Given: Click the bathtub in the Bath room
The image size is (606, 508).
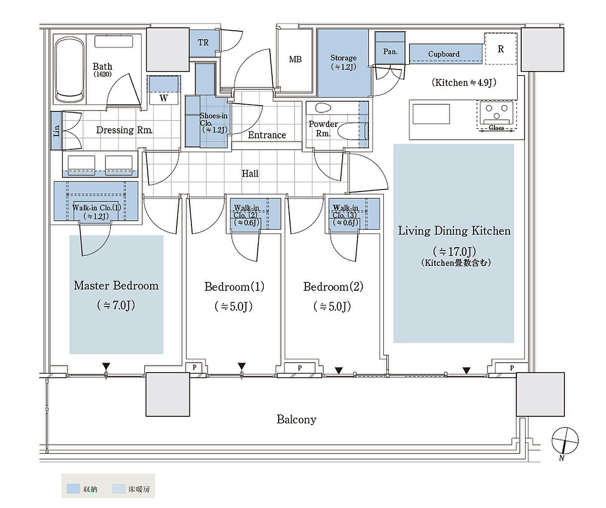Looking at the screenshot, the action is (70, 69).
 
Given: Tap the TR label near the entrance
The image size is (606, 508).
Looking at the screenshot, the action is (203, 43).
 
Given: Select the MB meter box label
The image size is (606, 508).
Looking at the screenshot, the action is (295, 60).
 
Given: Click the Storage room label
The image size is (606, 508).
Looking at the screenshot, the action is (343, 58).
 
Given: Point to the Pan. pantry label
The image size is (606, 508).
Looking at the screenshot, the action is (390, 52).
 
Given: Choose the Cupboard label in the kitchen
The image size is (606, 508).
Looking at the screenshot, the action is (444, 54).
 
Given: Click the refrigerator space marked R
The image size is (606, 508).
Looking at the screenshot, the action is (501, 49).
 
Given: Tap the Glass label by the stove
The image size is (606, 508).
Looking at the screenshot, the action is (496, 127).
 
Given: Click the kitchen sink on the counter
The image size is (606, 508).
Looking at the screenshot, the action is (431, 114).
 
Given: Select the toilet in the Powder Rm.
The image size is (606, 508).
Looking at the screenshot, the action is (352, 131).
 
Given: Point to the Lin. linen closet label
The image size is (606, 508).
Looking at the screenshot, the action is (57, 130).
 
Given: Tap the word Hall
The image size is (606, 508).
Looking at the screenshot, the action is (250, 174).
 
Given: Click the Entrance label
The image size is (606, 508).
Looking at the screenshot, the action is (267, 135).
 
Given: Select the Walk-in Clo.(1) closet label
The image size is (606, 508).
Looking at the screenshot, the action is (96, 208).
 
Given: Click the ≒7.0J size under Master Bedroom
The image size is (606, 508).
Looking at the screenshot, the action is (116, 305).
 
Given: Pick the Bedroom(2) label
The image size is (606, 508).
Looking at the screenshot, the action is (333, 287).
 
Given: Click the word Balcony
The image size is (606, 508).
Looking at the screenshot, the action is (297, 420).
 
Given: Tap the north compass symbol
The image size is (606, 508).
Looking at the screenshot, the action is (564, 441).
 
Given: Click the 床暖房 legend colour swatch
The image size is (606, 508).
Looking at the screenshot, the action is (119, 489).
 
